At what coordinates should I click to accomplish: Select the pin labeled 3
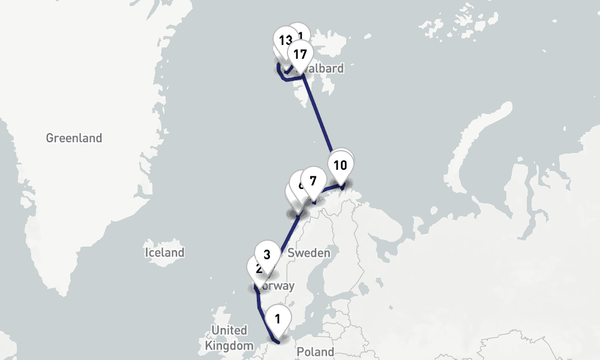[x=267, y=254]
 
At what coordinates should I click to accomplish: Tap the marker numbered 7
[x=313, y=181]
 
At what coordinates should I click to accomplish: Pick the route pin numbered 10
[x=340, y=166]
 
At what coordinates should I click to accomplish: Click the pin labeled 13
[x=285, y=41]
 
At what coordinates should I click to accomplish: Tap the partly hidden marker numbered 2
[x=257, y=269]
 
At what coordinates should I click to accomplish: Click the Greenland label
[x=74, y=138]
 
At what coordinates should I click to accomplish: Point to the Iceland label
[x=164, y=252]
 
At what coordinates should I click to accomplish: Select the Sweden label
[x=309, y=253]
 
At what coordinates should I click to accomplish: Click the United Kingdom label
[x=229, y=338]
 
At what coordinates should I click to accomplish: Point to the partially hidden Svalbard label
[x=325, y=68]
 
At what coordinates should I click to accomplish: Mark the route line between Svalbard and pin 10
[x=318, y=114]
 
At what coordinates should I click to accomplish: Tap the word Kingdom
[x=229, y=346]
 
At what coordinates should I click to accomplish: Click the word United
[x=229, y=331]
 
